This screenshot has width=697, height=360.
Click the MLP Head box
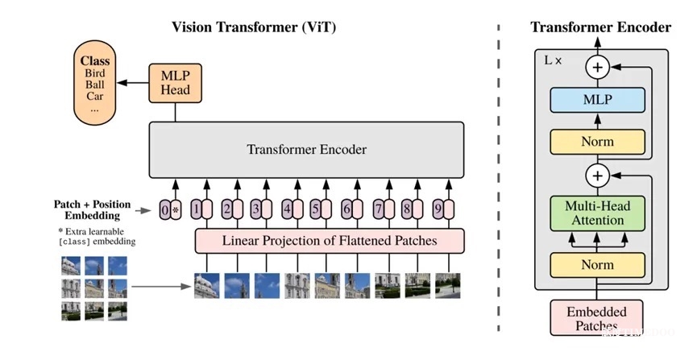coord(176,82)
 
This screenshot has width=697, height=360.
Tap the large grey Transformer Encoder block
coord(306,150)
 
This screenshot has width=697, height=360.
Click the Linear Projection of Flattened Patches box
coord(330,241)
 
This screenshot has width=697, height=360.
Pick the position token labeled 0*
coord(169,210)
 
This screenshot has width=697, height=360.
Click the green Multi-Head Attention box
coord(597,213)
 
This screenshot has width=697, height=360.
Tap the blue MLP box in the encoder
coord(597,100)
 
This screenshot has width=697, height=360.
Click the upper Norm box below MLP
coord(597,142)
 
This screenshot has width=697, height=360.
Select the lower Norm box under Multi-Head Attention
coord(597,265)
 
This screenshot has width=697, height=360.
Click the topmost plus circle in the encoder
coord(597,67)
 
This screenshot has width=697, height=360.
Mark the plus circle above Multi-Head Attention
coord(597,175)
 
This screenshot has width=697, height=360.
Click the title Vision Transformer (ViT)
coord(254,27)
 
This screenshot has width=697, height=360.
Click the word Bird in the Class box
coord(94,73)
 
